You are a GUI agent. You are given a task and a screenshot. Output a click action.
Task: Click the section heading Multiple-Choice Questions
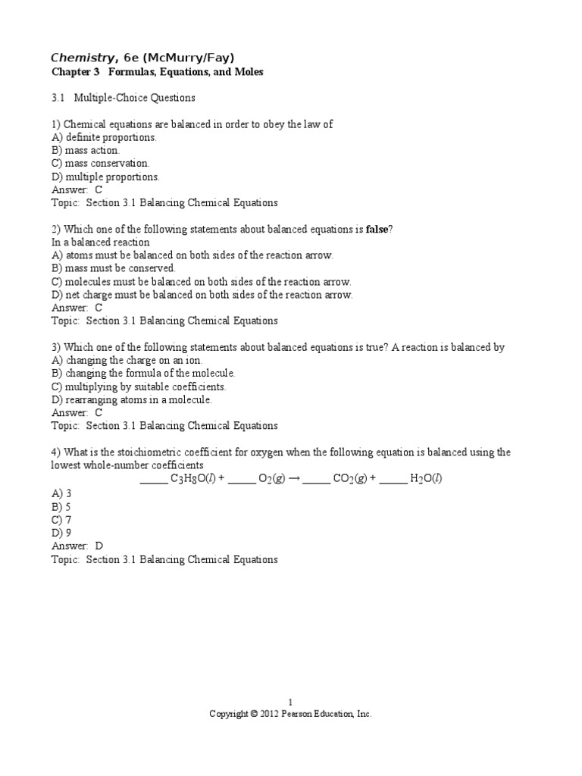coord(134,98)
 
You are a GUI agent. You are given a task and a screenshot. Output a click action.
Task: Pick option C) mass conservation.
coord(101,163)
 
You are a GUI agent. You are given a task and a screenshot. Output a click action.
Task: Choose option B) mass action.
coord(86,150)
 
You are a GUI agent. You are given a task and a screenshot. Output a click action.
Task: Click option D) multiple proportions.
coord(105,177)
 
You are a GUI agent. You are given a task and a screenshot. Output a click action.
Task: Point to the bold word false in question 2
coord(379,229)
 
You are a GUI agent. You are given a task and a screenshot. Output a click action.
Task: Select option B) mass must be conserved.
coord(113,268)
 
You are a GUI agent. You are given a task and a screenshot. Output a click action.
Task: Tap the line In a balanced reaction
coord(100,242)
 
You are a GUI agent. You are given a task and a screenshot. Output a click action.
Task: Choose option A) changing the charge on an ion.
coord(127,361)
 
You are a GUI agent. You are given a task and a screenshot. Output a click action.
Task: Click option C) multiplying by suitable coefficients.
coord(139,386)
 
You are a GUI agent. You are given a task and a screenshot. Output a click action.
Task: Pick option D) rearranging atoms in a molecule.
coord(132,399)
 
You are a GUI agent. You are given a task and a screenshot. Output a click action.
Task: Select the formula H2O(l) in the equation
coord(425,479)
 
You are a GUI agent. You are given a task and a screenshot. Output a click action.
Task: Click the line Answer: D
coord(77,546)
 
